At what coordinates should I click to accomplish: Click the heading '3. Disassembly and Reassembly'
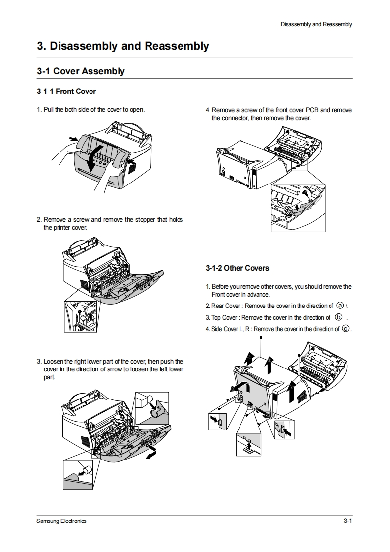123,46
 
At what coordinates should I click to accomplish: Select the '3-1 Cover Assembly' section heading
81,71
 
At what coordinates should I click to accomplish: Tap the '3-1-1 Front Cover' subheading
66,92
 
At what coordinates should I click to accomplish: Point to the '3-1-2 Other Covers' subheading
237,268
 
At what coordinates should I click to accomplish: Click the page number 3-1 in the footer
348,521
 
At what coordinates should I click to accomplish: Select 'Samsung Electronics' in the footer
61,521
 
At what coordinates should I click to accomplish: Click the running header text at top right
316,24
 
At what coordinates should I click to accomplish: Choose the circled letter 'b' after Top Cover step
339,317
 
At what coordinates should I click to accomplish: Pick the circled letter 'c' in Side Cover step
346,329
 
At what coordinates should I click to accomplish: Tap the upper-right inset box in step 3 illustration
151,408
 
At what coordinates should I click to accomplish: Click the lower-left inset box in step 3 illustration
78,474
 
